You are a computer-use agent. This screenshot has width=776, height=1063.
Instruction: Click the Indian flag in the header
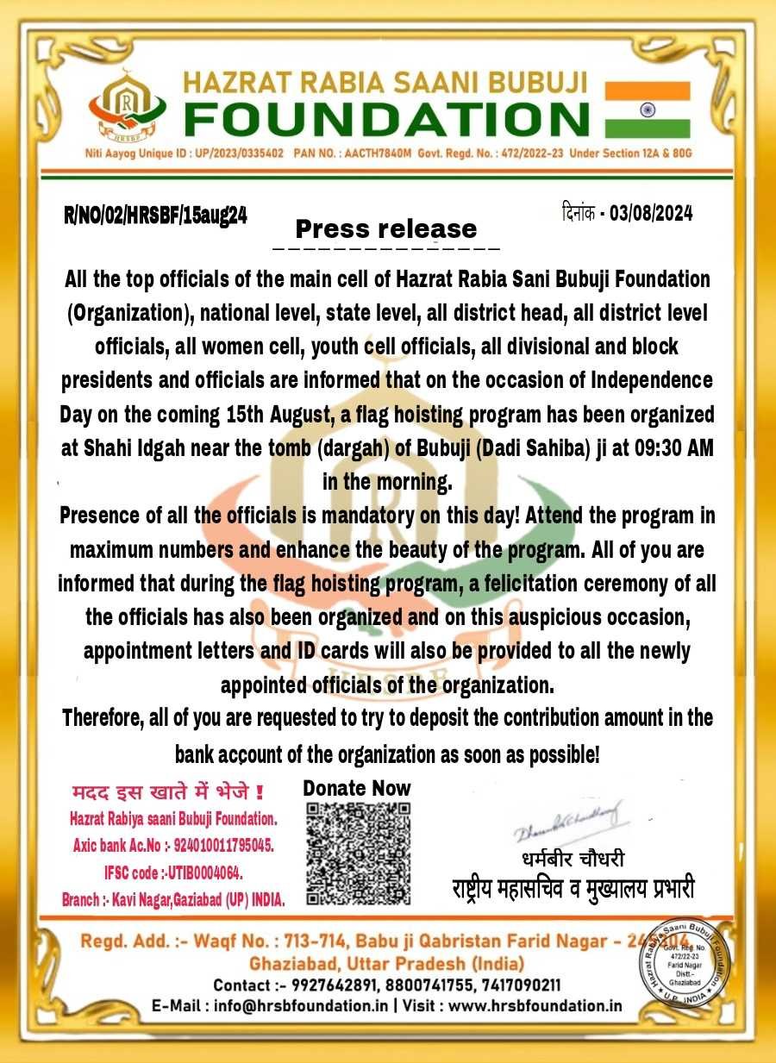click(647, 109)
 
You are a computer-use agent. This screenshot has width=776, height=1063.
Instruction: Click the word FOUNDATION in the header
click(387, 118)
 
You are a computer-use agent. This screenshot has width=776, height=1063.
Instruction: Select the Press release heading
click(386, 228)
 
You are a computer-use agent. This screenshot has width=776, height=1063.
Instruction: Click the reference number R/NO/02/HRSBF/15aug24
click(156, 216)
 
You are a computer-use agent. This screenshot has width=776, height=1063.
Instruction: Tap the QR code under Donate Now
click(358, 854)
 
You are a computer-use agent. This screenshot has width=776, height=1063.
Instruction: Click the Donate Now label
click(357, 788)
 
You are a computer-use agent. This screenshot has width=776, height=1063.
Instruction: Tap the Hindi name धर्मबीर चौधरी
click(572, 860)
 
